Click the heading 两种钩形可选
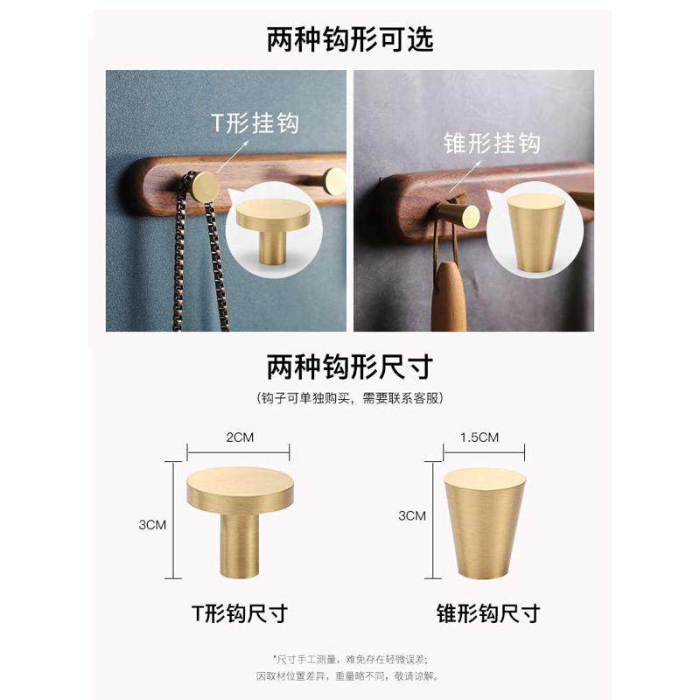tap(350, 39)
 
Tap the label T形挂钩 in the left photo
tap(255, 122)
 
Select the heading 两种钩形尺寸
tap(350, 365)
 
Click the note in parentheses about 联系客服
tap(350, 398)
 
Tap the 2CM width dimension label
tap(238, 437)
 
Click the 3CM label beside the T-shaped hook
tap(152, 524)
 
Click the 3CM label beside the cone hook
tap(411, 515)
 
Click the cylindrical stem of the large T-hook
tap(238, 547)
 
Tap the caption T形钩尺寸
tap(239, 612)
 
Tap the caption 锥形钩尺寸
tap(487, 612)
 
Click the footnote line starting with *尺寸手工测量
tap(350, 658)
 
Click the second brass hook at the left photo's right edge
tap(335, 181)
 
